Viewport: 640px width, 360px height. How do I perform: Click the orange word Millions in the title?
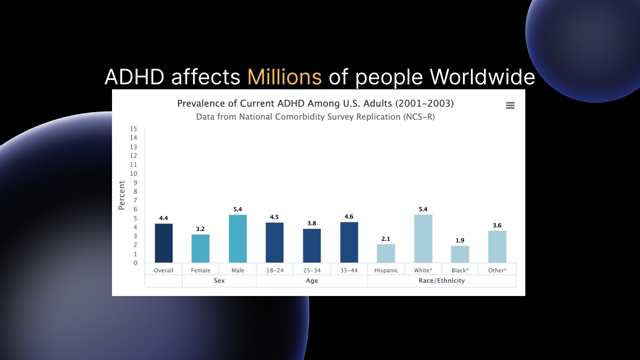coord(284,77)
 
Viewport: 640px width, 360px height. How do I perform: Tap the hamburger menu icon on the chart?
coord(510,105)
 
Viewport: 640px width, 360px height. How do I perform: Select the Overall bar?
coord(164,243)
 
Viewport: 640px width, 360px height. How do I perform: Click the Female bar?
coord(200,248)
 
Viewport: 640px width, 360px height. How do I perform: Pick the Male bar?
coord(238,239)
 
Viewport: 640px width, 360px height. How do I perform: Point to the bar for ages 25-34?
coord(312,246)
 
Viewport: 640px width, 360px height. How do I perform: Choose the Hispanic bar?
coord(386,253)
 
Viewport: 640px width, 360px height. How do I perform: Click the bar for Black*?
coord(460,254)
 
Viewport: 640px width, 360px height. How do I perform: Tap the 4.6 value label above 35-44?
coord(349,217)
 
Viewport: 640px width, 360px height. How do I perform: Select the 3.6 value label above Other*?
coord(497,225)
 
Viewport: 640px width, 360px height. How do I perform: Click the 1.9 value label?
coord(460,240)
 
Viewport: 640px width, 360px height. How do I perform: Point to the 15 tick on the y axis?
coord(133,129)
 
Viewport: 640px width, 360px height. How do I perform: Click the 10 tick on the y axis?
coord(133,173)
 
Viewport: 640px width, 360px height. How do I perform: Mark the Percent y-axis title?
coord(122,195)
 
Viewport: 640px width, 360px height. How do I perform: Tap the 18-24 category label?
coord(275,270)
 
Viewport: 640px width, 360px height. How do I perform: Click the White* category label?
coord(423,270)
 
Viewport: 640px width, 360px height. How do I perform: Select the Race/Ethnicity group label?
coord(442,281)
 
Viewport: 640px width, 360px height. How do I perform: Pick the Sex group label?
coord(219,281)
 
